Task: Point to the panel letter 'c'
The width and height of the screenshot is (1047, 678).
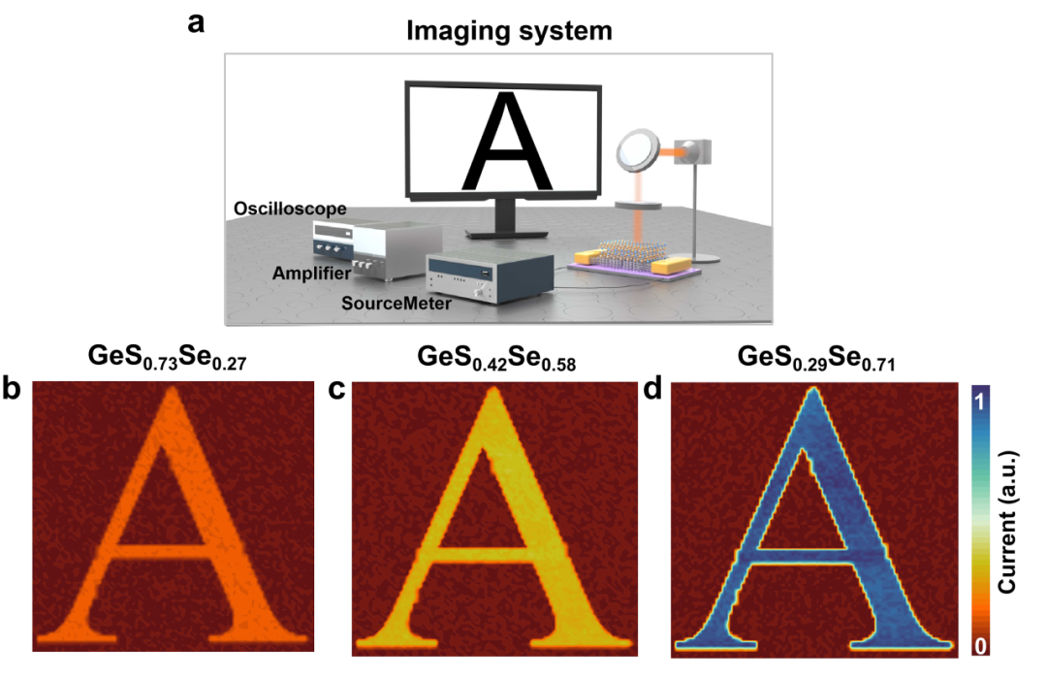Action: tap(338, 390)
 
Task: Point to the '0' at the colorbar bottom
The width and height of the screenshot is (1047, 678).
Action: tap(979, 645)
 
